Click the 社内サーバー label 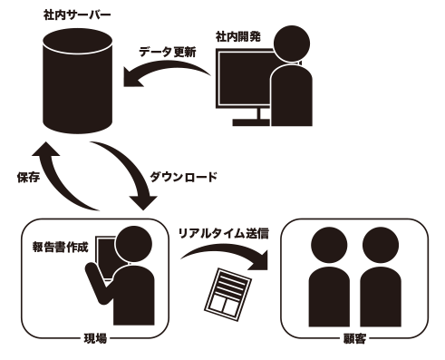pyautogui.click(x=77, y=15)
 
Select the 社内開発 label pyautogui.click(x=238, y=37)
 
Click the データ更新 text pyautogui.click(x=168, y=52)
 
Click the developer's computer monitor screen pyautogui.click(x=245, y=78)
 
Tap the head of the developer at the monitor pyautogui.click(x=292, y=44)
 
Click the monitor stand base pyautogui.click(x=251, y=122)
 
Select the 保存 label pyautogui.click(x=28, y=177)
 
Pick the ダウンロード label pyautogui.click(x=183, y=177)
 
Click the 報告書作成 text pyautogui.click(x=60, y=248)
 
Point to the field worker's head pyautogui.click(x=133, y=244)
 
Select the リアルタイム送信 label pyautogui.click(x=223, y=233)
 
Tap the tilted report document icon pyautogui.click(x=227, y=294)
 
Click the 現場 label pyautogui.click(x=95, y=338)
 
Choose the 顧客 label pyautogui.click(x=354, y=338)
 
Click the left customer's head pyautogui.click(x=329, y=245)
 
